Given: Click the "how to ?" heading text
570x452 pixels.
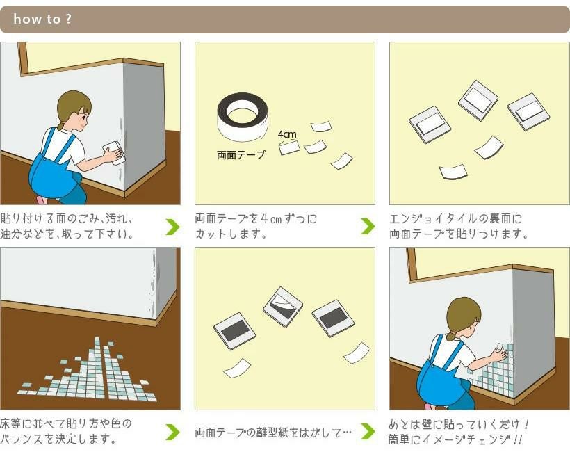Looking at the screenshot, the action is [42, 19].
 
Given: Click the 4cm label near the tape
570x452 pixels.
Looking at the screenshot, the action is [287, 134].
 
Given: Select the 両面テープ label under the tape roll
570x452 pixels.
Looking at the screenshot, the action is [241, 155].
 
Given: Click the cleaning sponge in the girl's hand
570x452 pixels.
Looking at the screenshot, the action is [115, 152].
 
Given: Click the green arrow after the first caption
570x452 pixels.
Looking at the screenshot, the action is [172, 227].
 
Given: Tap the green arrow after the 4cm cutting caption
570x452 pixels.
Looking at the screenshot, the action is [368, 226].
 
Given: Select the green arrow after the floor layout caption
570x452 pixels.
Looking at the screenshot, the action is [172, 432].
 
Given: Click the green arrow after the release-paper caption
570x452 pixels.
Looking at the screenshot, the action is [368, 431].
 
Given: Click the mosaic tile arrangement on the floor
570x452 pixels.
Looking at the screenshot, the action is [88, 372].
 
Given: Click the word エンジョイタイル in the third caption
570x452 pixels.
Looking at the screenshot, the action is [433, 218].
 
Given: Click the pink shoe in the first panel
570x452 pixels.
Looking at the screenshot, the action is [42, 200].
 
